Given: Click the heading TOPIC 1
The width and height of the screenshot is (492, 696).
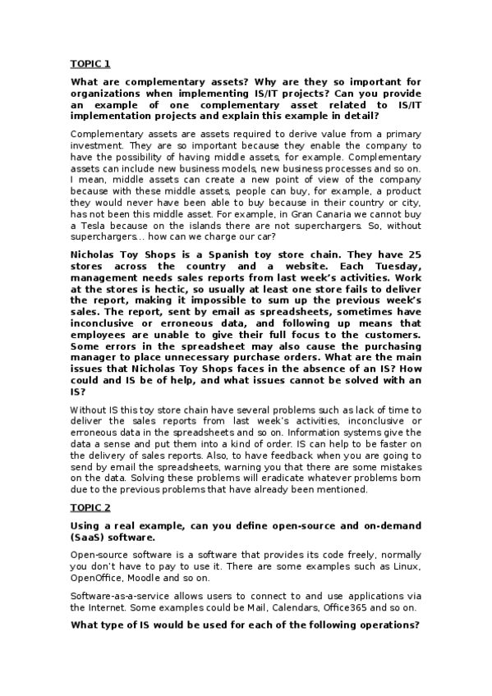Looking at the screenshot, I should [90, 63].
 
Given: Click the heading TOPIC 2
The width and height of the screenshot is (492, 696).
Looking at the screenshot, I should [90, 507].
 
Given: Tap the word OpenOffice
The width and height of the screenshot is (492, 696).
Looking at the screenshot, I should [99, 579].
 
